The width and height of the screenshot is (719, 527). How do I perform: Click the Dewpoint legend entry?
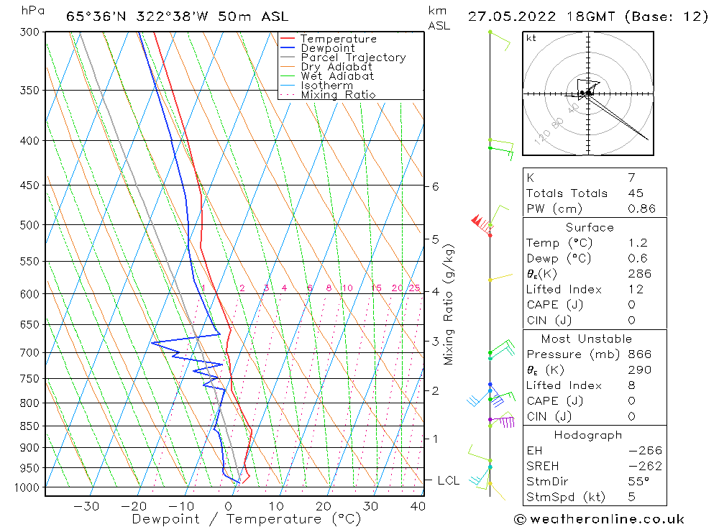click(x=327, y=48)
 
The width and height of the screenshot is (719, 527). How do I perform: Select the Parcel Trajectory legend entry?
click(x=353, y=58)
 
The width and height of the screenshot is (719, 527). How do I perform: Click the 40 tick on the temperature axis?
click(x=418, y=506)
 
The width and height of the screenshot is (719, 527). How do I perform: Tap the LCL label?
click(x=448, y=480)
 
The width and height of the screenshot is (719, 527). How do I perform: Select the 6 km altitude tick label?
click(x=435, y=187)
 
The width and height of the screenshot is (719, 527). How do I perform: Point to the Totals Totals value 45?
click(x=636, y=193)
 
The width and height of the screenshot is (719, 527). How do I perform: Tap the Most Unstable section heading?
click(x=587, y=339)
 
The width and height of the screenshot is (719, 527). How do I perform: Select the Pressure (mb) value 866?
click(x=639, y=354)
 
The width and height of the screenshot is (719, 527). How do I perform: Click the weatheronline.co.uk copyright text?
click(x=599, y=519)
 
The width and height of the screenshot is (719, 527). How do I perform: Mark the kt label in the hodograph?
click(x=531, y=38)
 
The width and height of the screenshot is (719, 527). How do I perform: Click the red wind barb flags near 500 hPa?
click(x=478, y=221)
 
